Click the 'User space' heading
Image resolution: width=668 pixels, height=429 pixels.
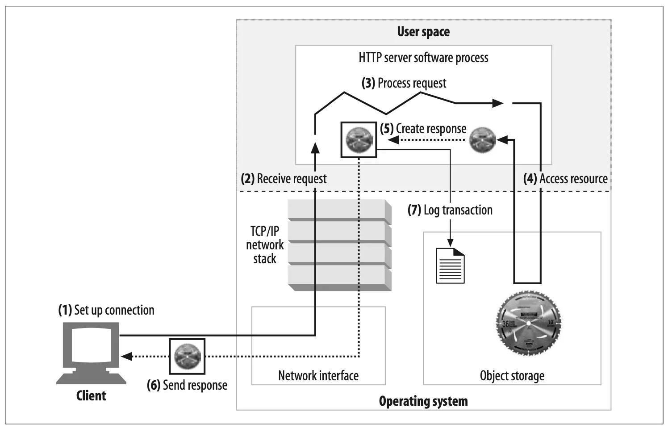point(423,32)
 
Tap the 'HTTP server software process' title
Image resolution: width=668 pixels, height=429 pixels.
point(423,58)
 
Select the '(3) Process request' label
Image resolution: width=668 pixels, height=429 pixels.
point(404,83)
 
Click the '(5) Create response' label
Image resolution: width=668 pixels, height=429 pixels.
point(423,129)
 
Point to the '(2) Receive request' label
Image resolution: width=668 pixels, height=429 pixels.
point(284,179)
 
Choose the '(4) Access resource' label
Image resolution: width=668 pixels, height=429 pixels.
point(565,179)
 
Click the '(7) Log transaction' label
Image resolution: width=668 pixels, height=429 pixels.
point(450,210)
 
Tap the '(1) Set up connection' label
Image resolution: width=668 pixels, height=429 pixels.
point(106,310)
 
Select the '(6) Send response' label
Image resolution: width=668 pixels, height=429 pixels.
point(187,385)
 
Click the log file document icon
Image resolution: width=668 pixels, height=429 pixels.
point(450,266)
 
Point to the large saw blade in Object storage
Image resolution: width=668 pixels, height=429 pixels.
point(528,323)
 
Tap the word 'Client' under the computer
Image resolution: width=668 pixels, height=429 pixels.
point(91,395)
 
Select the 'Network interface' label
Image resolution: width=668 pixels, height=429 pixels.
point(318,376)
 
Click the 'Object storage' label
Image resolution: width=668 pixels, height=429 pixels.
point(512,376)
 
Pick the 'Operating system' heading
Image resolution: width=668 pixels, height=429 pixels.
point(423,401)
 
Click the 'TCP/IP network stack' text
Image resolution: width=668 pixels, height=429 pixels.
point(265,245)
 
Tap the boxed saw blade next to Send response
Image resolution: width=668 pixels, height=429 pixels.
point(187,356)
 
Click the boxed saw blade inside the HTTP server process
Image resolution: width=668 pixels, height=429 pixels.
point(359,139)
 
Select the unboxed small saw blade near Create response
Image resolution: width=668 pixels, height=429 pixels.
point(483,140)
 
